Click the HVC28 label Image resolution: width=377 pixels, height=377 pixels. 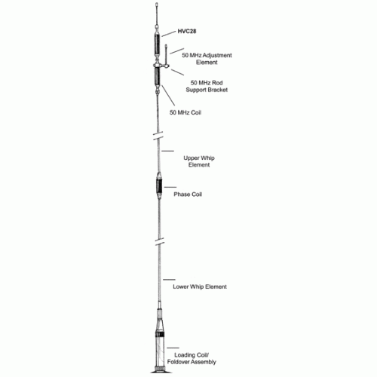click(x=187, y=31)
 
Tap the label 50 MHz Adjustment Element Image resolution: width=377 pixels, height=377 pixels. click(x=207, y=59)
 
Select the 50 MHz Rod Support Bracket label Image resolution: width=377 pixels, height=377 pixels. click(x=207, y=86)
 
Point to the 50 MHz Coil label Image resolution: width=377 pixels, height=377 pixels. click(x=185, y=112)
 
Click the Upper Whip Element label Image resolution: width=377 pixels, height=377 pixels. click(x=199, y=161)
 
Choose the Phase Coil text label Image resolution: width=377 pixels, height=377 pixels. click(x=188, y=195)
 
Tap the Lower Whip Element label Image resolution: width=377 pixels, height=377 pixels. click(x=200, y=287)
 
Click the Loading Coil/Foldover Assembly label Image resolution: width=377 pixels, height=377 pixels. click(x=192, y=358)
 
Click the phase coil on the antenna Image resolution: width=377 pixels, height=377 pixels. click(x=159, y=185)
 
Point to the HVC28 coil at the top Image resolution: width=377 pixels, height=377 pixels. click(x=157, y=44)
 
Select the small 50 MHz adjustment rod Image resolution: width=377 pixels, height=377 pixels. click(x=166, y=55)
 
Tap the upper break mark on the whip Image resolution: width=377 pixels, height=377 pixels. click(x=158, y=136)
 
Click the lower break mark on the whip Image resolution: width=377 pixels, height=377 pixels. click(x=159, y=241)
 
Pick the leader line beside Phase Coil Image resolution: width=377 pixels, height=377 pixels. click(x=170, y=187)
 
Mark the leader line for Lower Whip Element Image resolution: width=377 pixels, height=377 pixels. click(x=169, y=280)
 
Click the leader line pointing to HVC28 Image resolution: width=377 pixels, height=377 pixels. click(x=168, y=34)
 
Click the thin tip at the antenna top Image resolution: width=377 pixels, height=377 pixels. click(x=157, y=14)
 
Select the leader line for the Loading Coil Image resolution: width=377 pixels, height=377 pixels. click(x=173, y=348)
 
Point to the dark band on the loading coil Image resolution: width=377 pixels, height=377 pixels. click(x=160, y=335)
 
